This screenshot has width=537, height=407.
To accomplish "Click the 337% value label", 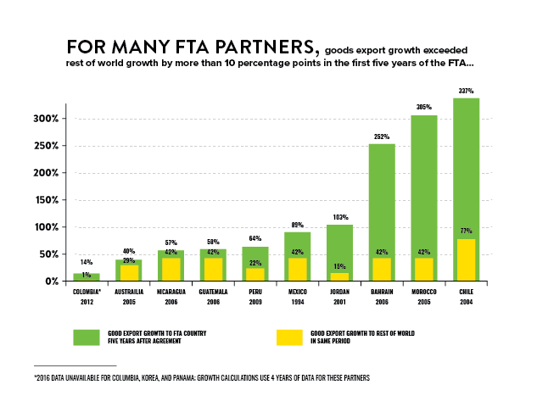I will [x=466, y=91].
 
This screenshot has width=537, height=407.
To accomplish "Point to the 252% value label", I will [x=382, y=137].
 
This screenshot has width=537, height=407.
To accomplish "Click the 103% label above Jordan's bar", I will [x=339, y=217].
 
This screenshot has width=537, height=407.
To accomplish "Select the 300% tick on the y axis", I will [x=45, y=119].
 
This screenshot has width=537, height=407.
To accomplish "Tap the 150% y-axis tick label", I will [x=45, y=200].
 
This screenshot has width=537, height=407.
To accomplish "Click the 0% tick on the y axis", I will [x=51, y=282].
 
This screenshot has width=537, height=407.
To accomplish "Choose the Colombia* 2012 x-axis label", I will [x=87, y=295].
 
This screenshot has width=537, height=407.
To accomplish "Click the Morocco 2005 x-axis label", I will [x=423, y=295].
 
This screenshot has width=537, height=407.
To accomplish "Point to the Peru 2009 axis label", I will [x=255, y=295].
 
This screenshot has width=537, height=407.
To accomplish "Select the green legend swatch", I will [x=87, y=337].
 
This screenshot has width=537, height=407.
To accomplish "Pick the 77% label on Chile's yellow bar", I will [x=466, y=231].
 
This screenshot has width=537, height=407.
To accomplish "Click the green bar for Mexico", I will [x=298, y=246].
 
